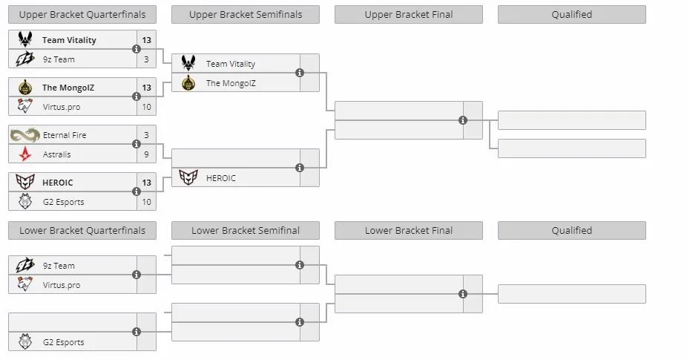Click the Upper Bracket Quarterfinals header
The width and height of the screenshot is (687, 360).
(x=82, y=14)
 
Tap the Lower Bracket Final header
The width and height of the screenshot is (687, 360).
(x=409, y=231)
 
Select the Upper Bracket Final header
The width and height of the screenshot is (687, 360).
(x=409, y=14)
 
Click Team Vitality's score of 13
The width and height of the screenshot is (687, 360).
(x=146, y=40)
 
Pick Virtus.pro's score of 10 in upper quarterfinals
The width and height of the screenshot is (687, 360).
(x=146, y=107)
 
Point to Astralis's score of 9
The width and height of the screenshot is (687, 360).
(x=146, y=154)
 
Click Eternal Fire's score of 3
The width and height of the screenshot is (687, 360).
(x=146, y=135)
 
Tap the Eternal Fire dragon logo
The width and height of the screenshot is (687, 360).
(x=25, y=135)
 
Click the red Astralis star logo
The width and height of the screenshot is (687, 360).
(x=25, y=154)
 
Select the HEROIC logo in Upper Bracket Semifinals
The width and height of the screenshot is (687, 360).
(x=188, y=177)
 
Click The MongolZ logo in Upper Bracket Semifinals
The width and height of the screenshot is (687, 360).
(x=188, y=83)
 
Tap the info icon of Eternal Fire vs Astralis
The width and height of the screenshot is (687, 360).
(x=137, y=144)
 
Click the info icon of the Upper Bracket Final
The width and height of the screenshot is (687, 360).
(x=463, y=120)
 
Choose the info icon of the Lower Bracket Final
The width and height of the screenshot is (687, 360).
(x=463, y=294)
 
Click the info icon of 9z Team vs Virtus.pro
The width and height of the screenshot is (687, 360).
(x=137, y=275)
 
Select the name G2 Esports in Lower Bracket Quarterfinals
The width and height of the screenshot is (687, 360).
(x=64, y=342)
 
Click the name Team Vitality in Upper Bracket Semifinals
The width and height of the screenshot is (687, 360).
(x=231, y=64)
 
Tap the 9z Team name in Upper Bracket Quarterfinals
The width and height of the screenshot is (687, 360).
(x=59, y=59)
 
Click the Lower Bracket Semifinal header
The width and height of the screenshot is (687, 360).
(x=246, y=231)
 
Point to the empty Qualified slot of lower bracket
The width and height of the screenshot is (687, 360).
(x=572, y=294)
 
